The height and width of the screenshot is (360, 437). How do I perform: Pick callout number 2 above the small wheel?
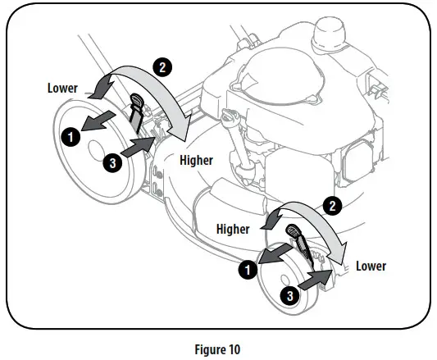click(x=333, y=206)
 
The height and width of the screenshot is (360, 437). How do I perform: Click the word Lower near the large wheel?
click(x=62, y=88)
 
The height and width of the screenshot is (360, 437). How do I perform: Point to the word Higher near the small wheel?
click(x=233, y=229)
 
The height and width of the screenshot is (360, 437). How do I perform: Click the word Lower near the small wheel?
click(x=370, y=267)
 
